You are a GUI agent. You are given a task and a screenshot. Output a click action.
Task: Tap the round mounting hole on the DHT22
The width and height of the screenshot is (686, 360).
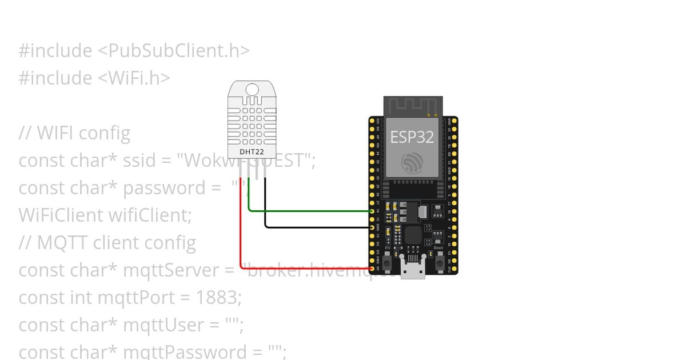tap(252, 89)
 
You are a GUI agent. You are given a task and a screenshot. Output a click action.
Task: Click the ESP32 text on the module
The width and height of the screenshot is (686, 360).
tap(412, 137)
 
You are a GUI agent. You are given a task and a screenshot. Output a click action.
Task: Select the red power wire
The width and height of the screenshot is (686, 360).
tap(241, 240)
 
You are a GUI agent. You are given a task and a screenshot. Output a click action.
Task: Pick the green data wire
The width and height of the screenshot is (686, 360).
tap(309, 211)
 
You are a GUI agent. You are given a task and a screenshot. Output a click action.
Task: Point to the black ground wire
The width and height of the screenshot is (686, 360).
tap(314, 227)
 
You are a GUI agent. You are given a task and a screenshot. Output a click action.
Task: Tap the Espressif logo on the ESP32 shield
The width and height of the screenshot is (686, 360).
tap(412, 163)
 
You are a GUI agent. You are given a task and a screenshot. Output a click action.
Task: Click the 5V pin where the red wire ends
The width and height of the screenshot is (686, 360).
tap(372, 268)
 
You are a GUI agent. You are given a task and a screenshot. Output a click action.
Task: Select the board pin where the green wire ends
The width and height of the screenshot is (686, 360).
tap(372, 211)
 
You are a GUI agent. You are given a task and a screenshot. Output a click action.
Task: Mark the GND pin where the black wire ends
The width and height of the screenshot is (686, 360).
tap(372, 227)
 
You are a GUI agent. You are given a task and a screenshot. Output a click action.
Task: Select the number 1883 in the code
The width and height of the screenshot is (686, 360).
tap(216, 298)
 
